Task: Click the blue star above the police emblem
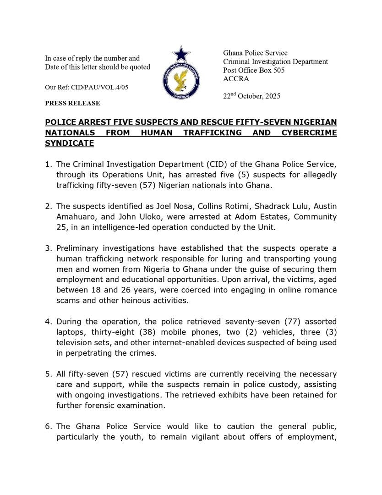181,54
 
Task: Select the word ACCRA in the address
236,79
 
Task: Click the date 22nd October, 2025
251,96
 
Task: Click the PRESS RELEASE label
72,104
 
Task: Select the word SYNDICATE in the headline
69,143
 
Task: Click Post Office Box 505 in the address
254,70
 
